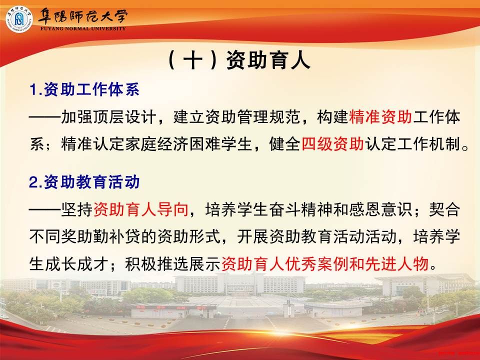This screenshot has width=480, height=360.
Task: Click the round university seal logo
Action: [x=19, y=19]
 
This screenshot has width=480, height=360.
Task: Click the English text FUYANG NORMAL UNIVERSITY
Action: [x=83, y=28]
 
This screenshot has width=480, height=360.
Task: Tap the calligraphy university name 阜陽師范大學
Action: [x=82, y=16]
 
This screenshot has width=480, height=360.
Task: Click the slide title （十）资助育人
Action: [x=239, y=59]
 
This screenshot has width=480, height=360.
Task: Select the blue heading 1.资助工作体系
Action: [x=84, y=89]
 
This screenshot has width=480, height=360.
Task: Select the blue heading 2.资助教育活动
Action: [x=84, y=182]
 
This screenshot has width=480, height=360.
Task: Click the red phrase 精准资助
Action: [x=380, y=116]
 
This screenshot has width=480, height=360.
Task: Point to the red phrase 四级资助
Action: [x=332, y=143]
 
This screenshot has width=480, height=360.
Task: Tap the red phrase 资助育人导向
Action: [x=140, y=209]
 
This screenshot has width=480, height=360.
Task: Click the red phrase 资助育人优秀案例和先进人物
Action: [x=325, y=263]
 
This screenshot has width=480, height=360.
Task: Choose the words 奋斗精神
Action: [x=300, y=209]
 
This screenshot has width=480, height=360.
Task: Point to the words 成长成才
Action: [x=77, y=263]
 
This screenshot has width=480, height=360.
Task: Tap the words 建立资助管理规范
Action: [x=236, y=116]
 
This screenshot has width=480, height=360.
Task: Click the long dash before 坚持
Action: [x=45, y=209]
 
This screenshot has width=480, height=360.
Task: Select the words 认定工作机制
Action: [x=412, y=143]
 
